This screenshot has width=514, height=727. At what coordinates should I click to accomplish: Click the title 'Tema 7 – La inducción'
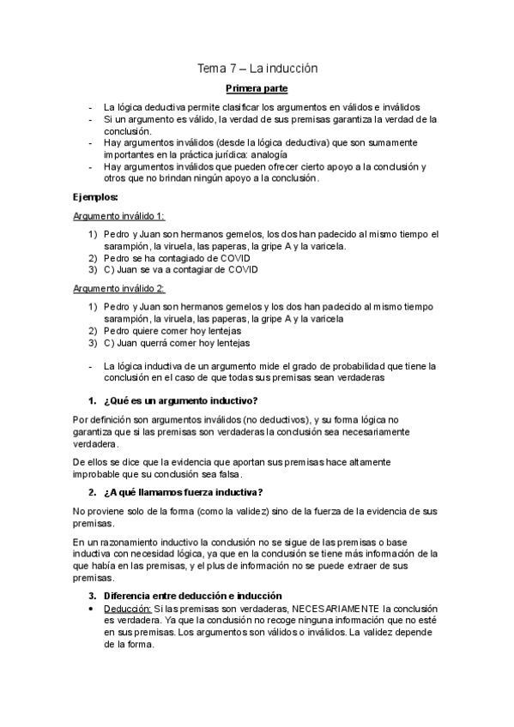point(257,68)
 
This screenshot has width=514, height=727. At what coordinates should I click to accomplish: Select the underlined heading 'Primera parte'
point(257,88)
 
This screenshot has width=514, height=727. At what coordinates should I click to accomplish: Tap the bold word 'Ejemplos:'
point(95,196)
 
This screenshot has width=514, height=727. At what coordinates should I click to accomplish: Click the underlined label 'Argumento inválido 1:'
point(119,216)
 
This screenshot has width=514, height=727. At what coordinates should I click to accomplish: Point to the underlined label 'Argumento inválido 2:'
point(119,289)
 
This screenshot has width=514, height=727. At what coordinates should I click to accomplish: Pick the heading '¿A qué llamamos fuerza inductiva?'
point(183,491)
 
